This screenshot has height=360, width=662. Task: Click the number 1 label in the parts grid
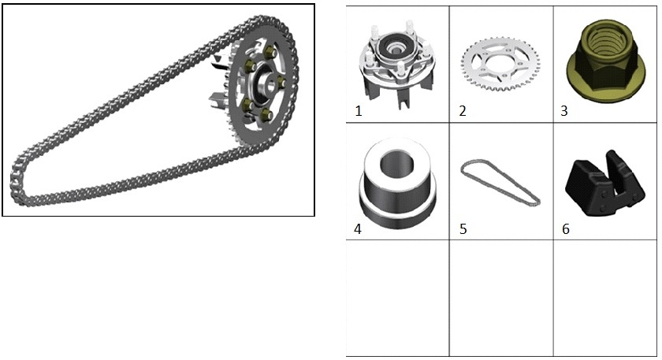(359, 111)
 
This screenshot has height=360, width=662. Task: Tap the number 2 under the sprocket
(463, 111)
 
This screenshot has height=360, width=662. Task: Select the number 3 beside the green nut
(564, 111)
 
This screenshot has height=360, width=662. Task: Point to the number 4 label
(358, 229)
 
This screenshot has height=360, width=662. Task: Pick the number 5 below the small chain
(463, 229)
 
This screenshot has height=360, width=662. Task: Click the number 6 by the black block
(566, 229)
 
